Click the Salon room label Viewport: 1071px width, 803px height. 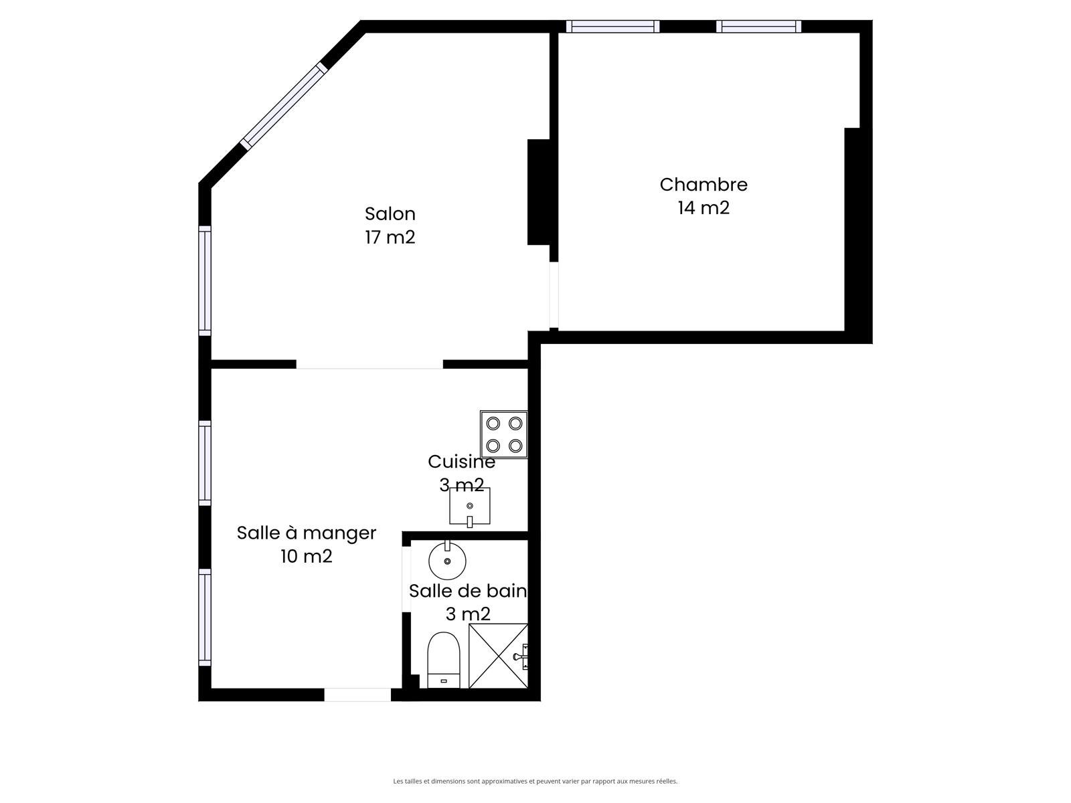(390, 214)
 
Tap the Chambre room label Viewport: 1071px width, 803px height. (703, 185)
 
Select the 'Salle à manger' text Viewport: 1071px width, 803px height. (307, 533)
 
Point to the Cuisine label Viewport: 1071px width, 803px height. (461, 462)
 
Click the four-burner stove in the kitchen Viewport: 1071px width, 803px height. (504, 434)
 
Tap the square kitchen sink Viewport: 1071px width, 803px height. (469, 507)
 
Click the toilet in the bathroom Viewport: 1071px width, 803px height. (444, 660)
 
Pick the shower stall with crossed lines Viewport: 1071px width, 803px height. (498, 656)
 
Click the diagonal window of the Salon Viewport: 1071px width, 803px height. (284, 106)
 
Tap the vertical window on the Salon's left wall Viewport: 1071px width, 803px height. (205, 281)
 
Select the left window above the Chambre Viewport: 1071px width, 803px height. (613, 26)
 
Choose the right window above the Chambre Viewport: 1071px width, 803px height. (758, 26)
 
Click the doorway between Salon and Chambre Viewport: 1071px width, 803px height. (554, 295)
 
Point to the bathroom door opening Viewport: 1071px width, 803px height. (406, 579)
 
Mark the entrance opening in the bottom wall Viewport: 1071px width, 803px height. (357, 695)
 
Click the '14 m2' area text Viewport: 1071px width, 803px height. (703, 208)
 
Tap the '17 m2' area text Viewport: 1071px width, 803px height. (390, 238)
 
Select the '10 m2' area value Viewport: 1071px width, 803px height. (307, 556)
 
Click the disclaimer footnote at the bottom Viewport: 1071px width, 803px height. (535, 781)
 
